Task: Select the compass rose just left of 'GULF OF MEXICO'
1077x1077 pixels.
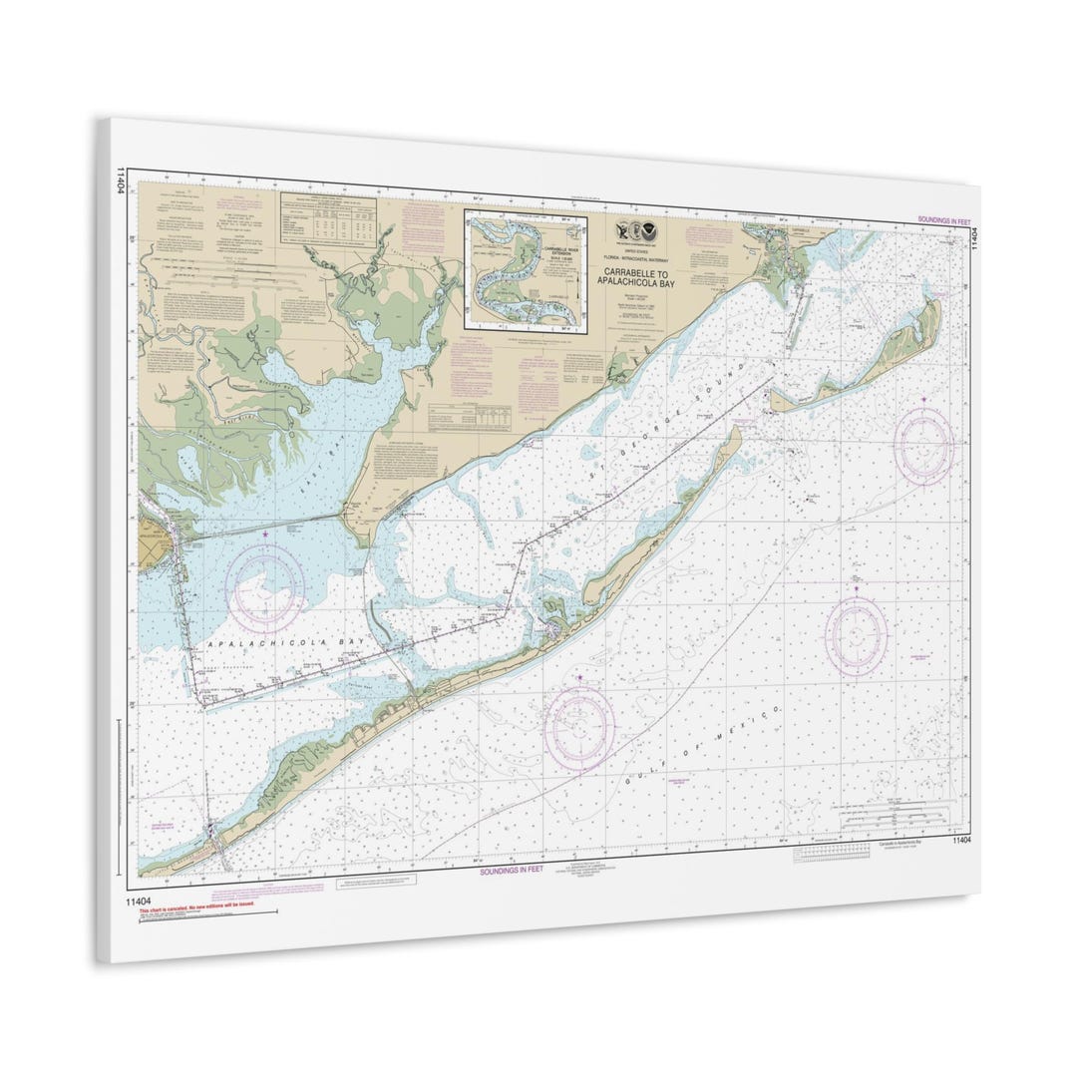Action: [x=579, y=720]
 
